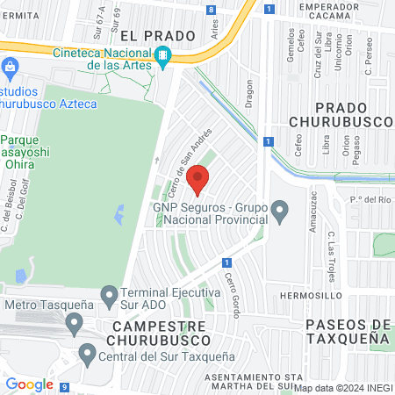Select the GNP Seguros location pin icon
click(x=279, y=210)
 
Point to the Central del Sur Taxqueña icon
click(x=87, y=355)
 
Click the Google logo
click(x=30, y=384)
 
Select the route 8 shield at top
click(x=212, y=10)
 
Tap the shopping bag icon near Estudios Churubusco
click(x=11, y=66)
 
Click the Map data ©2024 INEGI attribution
click(x=342, y=387)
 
